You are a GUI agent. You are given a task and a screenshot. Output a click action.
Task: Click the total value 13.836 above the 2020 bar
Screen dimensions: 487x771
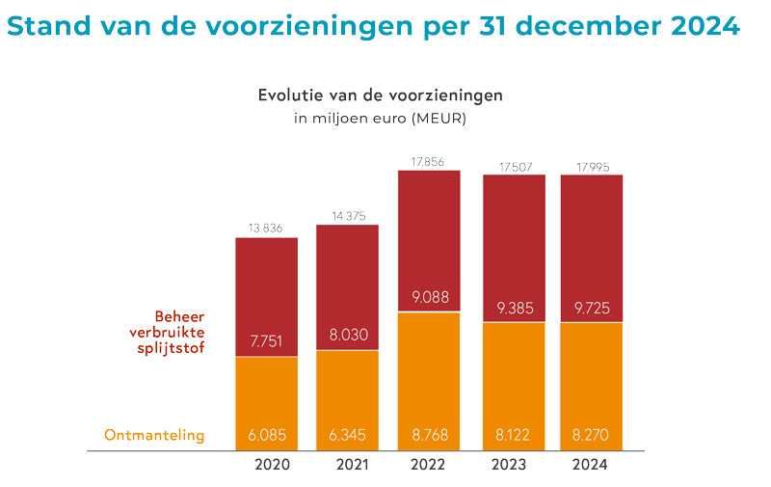pos(267,228)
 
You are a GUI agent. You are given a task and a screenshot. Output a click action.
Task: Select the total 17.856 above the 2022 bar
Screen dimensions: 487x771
pos(429,161)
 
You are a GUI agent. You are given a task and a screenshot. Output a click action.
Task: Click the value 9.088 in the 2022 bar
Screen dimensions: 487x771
pos(429,296)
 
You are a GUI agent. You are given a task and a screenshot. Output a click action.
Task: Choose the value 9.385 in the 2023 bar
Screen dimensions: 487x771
pos(513,309)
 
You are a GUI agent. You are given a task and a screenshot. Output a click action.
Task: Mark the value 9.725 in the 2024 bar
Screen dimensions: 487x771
pos(592,309)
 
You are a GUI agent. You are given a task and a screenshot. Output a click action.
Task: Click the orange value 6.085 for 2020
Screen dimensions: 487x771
pos(267,435)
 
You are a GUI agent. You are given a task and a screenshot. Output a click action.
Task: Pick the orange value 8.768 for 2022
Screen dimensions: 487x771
pos(429,435)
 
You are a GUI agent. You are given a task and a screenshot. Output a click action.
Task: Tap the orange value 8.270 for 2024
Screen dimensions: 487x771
pos(592,435)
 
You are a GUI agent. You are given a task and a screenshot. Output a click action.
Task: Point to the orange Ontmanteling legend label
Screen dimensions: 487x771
pos(154,435)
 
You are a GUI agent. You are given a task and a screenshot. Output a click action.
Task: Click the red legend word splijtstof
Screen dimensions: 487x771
pos(172,348)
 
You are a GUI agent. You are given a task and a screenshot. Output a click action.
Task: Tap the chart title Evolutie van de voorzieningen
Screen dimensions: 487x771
pos(380,96)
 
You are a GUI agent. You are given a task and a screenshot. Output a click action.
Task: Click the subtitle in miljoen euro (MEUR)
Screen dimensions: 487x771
pos(380,119)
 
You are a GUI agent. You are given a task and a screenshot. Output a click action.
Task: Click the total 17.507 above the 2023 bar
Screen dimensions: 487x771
pos(513,166)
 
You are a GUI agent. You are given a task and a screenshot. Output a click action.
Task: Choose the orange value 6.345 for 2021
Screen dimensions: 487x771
pos(347,435)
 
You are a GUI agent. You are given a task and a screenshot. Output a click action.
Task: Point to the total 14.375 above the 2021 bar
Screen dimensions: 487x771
pos(347,216)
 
